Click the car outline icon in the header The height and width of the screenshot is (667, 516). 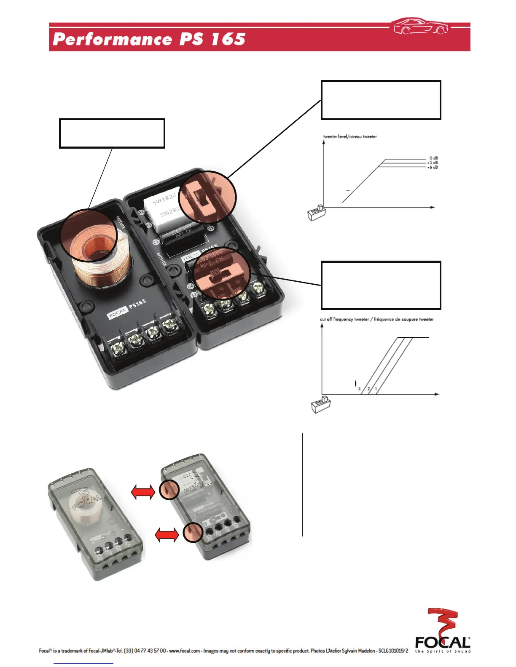tap(420, 26)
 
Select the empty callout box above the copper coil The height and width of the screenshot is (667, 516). tap(112, 133)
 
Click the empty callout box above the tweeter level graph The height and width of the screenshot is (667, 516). tap(381, 100)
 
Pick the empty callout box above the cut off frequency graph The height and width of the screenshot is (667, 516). tap(381, 285)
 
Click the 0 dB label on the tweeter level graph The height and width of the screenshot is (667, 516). tap(433, 158)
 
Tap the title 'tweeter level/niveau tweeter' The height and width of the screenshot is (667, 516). tap(350, 137)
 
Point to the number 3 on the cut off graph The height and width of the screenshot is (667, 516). tap(360, 389)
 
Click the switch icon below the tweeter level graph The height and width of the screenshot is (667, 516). tap(316, 213)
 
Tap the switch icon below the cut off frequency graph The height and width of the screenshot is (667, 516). tap(321, 404)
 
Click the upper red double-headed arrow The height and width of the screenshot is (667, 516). tap(143, 491)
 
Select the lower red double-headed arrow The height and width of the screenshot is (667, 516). tap(167, 535)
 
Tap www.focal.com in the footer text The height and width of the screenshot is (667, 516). tap(184, 651)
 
